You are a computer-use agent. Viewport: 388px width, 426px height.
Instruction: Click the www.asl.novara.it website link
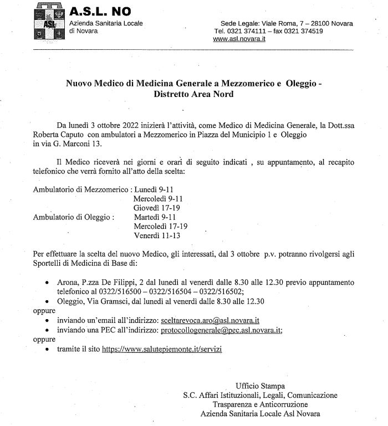[x=239, y=39]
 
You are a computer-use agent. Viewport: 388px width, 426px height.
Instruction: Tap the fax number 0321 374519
[x=303, y=32]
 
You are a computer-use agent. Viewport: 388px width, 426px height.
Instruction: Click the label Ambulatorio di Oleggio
[x=74, y=217]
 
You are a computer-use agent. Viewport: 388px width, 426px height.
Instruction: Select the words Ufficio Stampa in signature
[x=260, y=386]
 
